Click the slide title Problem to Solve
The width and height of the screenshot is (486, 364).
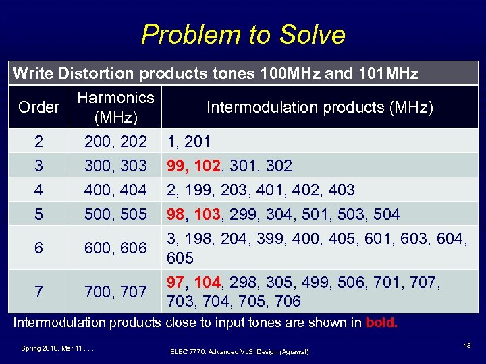[x=243, y=34]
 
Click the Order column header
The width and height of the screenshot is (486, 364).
[x=38, y=108]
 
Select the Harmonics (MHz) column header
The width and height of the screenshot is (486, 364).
[x=115, y=108]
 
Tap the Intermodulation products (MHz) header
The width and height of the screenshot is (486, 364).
[x=319, y=108]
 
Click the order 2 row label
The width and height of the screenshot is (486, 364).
[x=38, y=142]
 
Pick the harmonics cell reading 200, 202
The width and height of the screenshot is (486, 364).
[x=115, y=142]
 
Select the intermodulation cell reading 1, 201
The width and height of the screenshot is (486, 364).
[x=188, y=142]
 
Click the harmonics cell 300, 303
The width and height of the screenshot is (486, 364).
[x=115, y=166]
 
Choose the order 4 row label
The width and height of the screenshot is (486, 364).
[x=38, y=190]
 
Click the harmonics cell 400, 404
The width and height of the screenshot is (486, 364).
[x=115, y=190]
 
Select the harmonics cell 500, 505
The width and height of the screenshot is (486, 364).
[x=115, y=214]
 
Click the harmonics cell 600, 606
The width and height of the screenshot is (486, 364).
[x=115, y=248]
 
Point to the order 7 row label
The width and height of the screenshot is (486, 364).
[x=38, y=291]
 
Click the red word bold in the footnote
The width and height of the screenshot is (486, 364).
[x=381, y=322]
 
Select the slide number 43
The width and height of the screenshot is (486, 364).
[x=466, y=345]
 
